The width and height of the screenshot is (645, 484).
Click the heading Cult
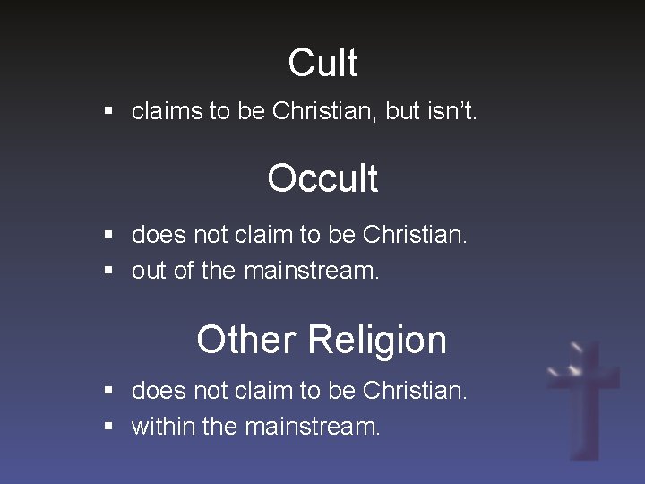(322, 63)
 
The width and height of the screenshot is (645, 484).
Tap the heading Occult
(322, 178)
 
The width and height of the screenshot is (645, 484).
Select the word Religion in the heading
(377, 341)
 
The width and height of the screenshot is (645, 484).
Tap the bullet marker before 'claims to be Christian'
(108, 112)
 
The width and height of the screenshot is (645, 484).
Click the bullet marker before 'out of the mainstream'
(108, 271)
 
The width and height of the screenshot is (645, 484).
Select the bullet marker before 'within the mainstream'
(108, 426)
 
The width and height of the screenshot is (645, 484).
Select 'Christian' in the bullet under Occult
(414, 236)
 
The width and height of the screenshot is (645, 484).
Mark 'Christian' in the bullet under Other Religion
(414, 391)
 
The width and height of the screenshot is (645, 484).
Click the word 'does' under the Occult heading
(153, 236)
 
